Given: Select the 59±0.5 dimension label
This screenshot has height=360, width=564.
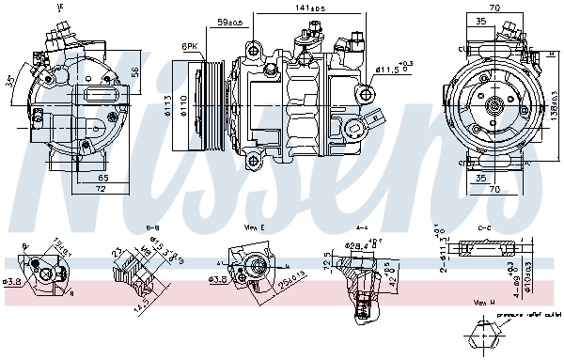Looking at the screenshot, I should tap(228, 21).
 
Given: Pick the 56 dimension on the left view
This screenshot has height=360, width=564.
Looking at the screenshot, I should tap(134, 71).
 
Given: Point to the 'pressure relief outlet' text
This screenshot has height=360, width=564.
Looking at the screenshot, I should tap(527, 316).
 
